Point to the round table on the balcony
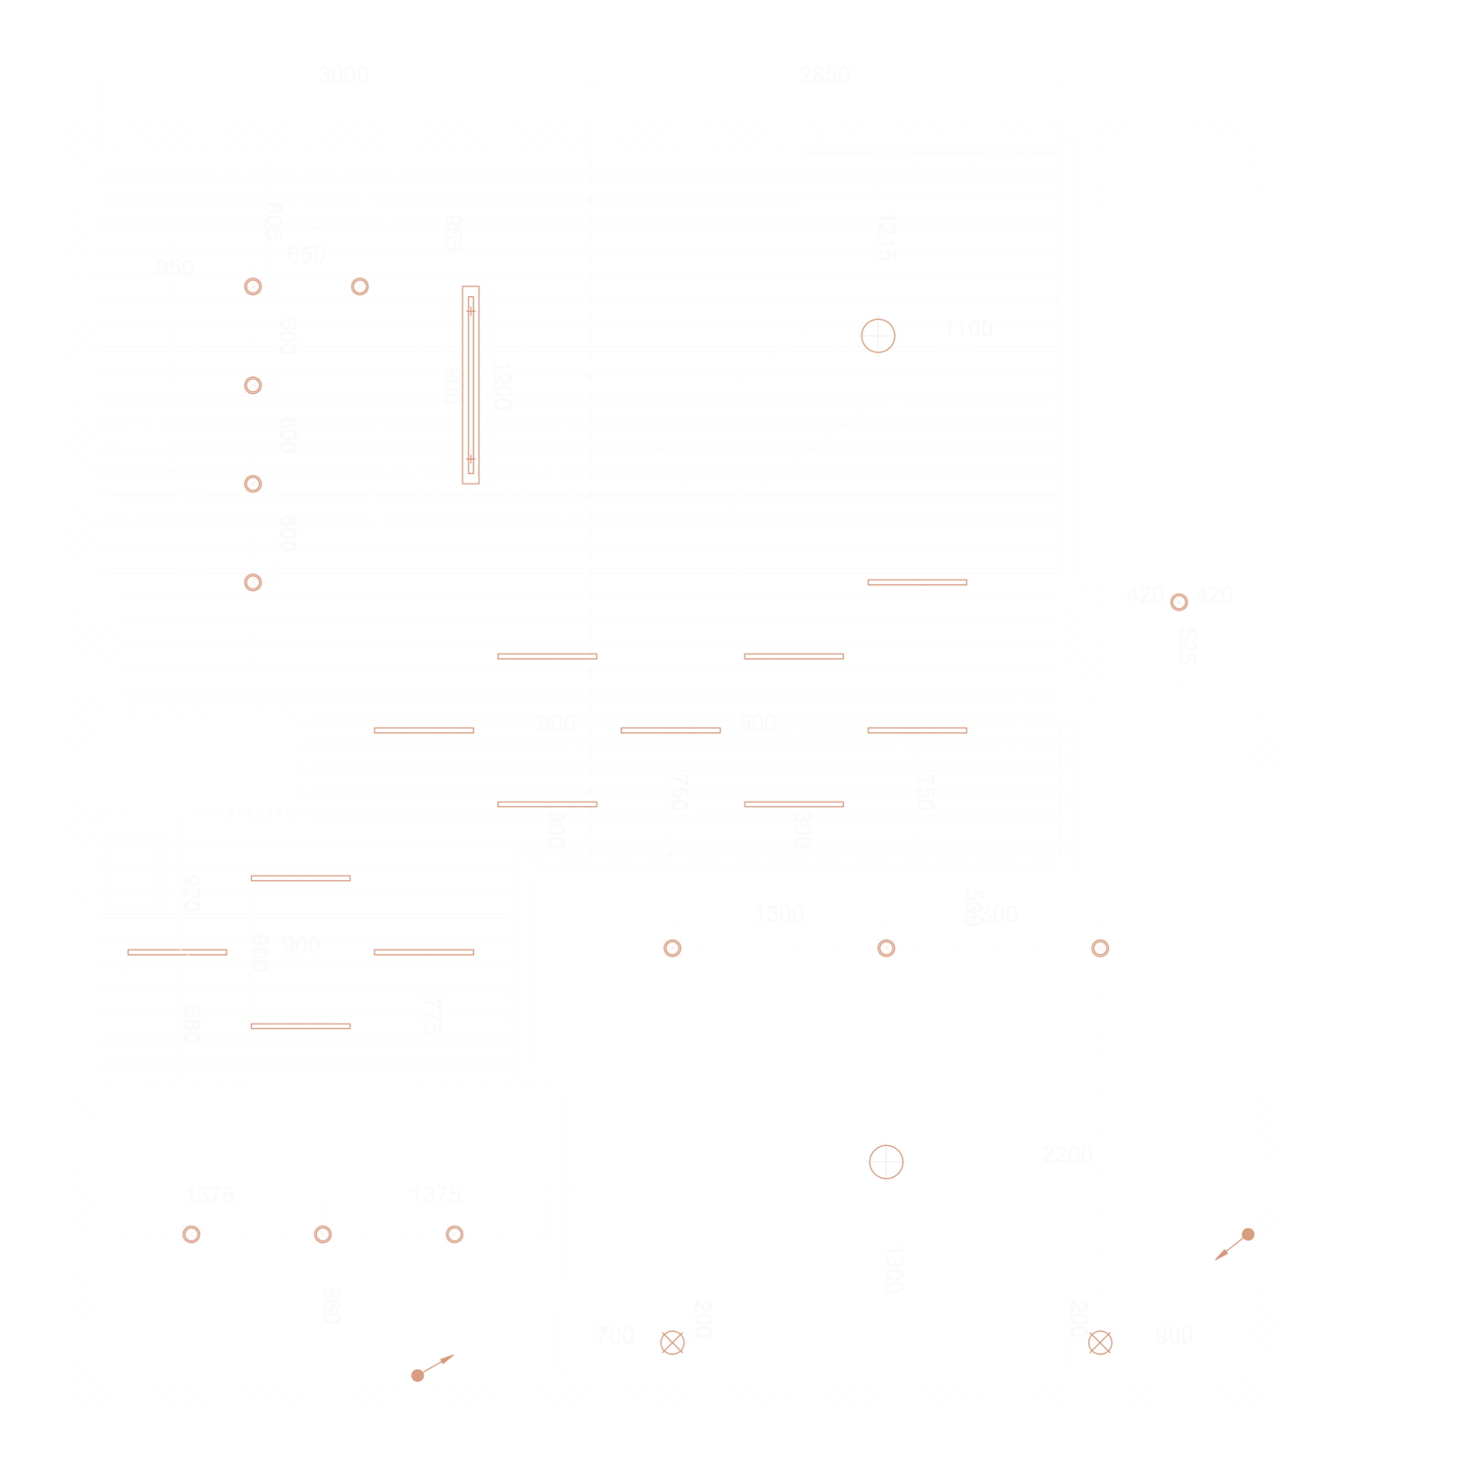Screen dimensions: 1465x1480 pos(1274,499)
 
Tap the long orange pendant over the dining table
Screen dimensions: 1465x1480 pos(471,385)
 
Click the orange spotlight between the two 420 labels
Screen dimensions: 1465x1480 pos(1179,603)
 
